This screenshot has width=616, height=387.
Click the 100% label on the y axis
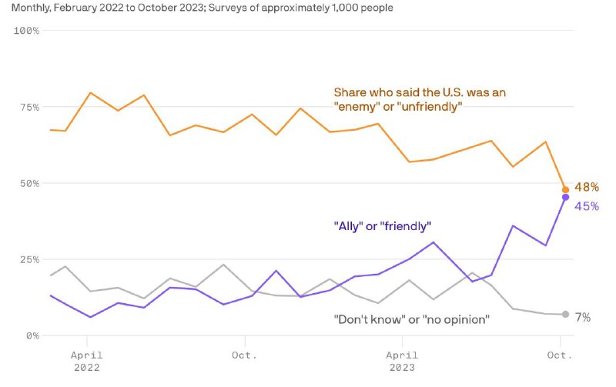pyautogui.click(x=27, y=30)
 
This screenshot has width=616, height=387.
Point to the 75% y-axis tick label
pyautogui.click(x=29, y=107)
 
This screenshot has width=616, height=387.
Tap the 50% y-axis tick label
pyautogui.click(x=29, y=183)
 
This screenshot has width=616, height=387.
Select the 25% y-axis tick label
pyautogui.click(x=29, y=259)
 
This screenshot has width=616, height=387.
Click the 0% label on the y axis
pyautogui.click(x=32, y=335)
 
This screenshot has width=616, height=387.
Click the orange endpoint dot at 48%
pyautogui.click(x=565, y=189)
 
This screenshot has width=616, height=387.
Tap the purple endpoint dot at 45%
pyautogui.click(x=565, y=198)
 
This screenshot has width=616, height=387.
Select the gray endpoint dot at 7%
pyautogui.click(x=565, y=314)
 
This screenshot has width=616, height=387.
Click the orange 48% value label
pyautogui.click(x=587, y=187)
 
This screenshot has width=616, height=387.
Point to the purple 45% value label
pyautogui.click(x=587, y=205)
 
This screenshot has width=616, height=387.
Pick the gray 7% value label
pyautogui.click(x=583, y=317)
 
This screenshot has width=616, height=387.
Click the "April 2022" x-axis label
pyautogui.click(x=87, y=361)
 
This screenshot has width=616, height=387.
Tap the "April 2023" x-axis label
pyautogui.click(x=402, y=361)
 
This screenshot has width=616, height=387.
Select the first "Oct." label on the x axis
pyautogui.click(x=245, y=355)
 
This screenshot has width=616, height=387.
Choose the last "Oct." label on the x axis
pyautogui.click(x=560, y=355)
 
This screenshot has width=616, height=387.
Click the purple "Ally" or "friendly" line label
pyautogui.click(x=383, y=226)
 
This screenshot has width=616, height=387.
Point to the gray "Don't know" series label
pyautogui.click(x=411, y=319)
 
